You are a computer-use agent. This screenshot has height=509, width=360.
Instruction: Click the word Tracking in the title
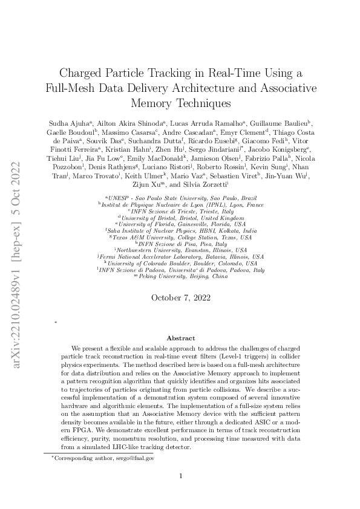tap(174, 73)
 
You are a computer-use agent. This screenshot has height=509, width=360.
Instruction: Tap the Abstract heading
tap(180, 339)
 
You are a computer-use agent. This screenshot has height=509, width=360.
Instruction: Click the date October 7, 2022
tap(180, 297)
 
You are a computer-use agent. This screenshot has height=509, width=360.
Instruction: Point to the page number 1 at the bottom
tap(180, 476)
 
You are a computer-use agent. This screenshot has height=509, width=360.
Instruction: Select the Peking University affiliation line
tap(180, 276)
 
